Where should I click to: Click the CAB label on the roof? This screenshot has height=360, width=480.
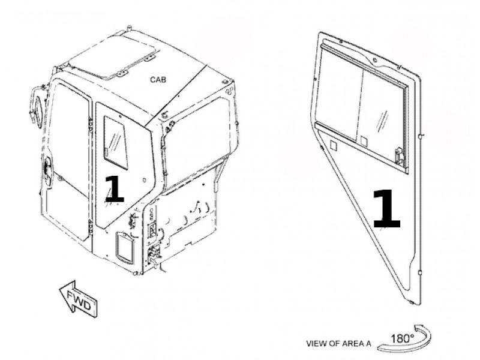158,80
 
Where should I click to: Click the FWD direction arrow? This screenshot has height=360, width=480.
79,298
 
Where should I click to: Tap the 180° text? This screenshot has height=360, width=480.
402,338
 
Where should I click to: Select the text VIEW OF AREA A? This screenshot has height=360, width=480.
338,343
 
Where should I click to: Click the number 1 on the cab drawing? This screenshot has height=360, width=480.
114,189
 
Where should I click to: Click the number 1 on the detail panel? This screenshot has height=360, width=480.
386,208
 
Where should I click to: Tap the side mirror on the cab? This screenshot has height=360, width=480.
37,106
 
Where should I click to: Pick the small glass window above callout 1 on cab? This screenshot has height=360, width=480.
115,142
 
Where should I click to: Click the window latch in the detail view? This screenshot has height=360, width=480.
399,156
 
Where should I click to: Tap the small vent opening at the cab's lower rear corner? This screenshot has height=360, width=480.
125,248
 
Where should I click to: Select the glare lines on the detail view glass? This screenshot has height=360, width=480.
383,119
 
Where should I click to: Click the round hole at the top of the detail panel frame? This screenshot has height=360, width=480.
374,59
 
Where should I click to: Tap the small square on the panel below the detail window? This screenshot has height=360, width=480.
334,145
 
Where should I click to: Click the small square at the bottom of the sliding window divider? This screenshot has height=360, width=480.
364,141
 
